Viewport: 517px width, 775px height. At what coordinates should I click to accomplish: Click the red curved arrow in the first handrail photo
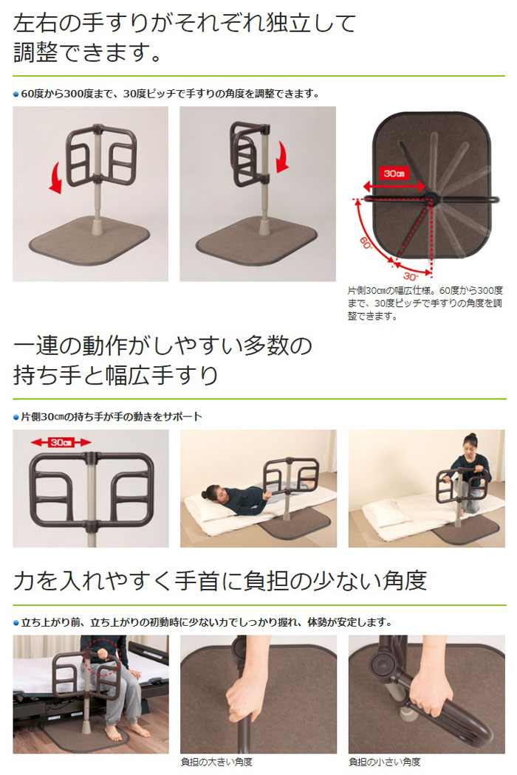[54, 179]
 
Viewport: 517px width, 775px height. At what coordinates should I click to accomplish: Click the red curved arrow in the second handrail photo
[281, 156]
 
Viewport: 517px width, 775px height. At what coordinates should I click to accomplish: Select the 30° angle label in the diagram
[408, 276]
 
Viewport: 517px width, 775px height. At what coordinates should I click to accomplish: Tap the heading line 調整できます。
[88, 53]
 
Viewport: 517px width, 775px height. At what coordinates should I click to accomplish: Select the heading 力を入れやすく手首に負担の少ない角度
[220, 581]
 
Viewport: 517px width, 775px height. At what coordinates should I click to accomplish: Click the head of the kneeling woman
[470, 444]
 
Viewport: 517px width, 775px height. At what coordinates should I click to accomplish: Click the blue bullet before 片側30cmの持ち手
[16, 417]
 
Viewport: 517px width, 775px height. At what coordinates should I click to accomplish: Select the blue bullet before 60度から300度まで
[16, 94]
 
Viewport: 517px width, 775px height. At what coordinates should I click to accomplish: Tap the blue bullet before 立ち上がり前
[16, 622]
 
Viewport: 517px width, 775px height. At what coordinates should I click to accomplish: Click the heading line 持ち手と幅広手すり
[116, 375]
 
